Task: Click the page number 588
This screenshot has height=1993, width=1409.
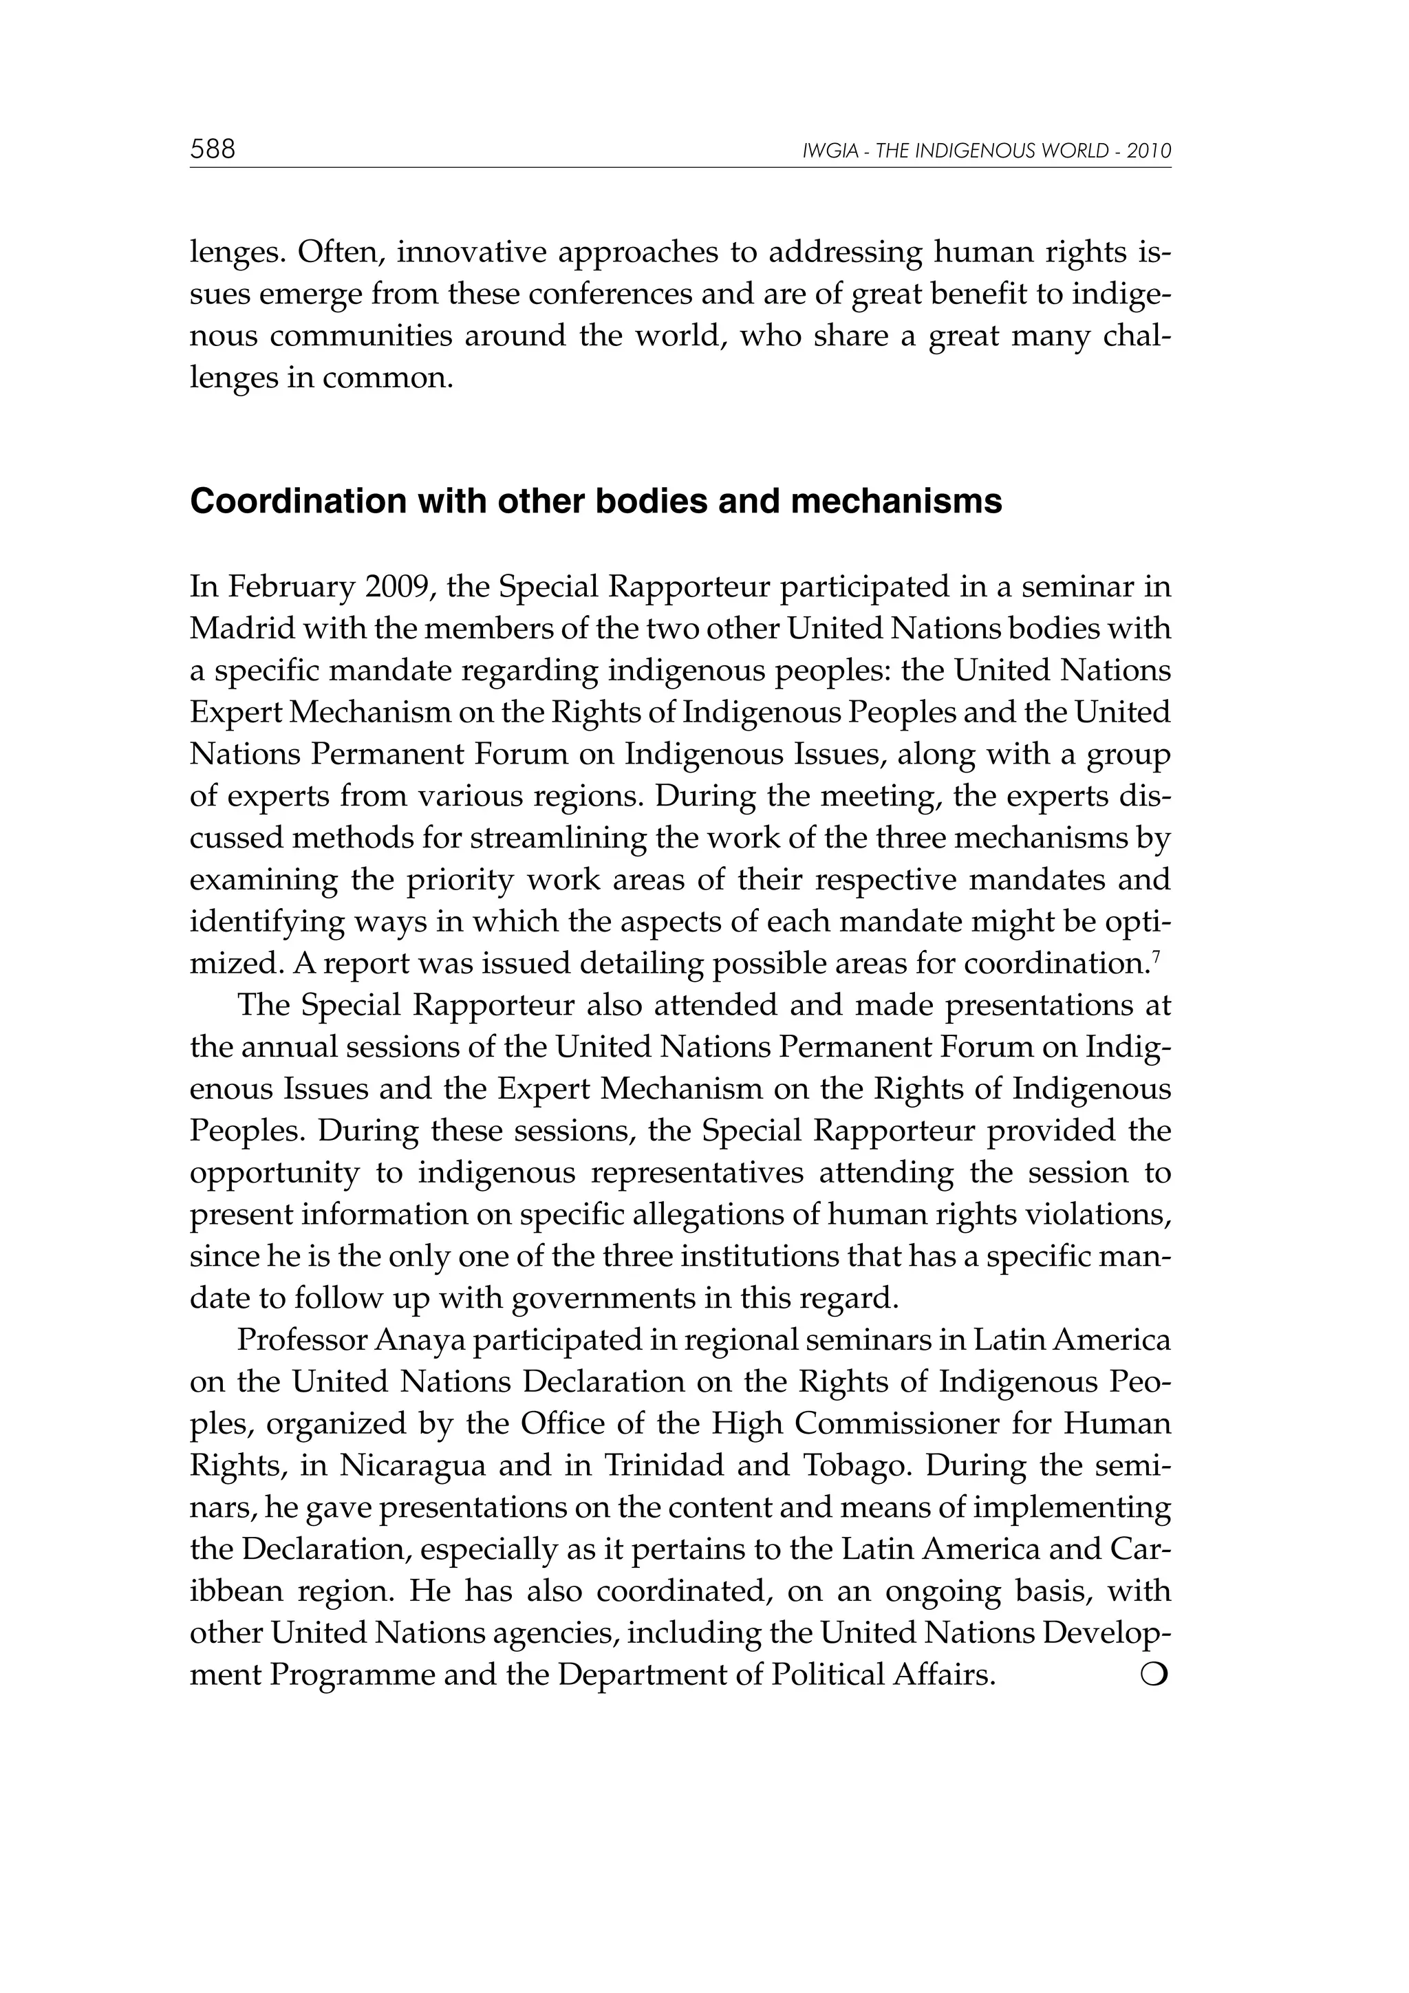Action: click(x=213, y=149)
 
